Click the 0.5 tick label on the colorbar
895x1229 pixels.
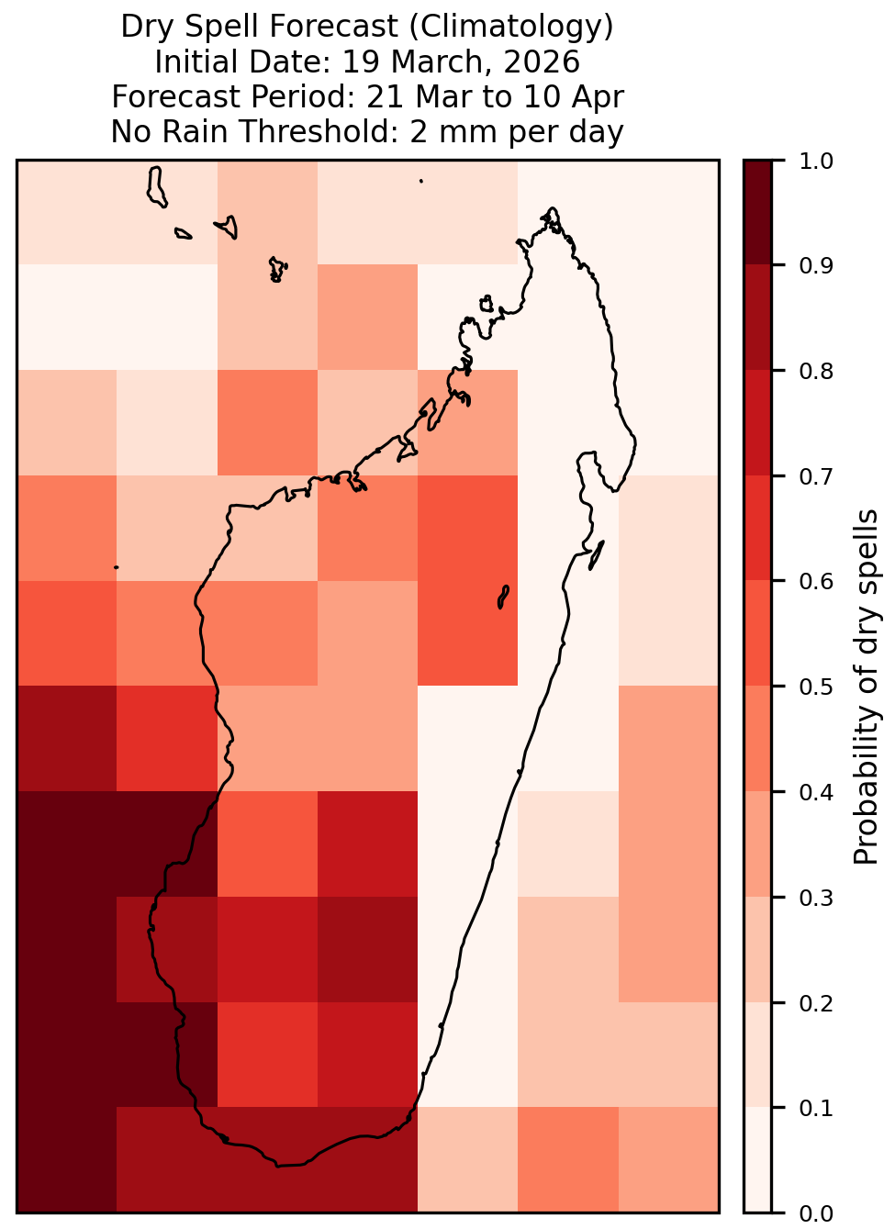[816, 687]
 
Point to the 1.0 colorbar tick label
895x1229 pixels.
[816, 162]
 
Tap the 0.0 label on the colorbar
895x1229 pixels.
[816, 1213]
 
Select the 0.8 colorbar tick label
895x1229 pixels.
[816, 372]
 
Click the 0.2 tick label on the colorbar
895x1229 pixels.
[816, 1003]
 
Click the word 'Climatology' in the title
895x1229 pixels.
[511, 27]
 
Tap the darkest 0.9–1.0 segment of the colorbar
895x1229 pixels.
[758, 213]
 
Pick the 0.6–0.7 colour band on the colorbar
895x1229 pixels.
[758, 529]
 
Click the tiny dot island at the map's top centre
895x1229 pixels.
[421, 181]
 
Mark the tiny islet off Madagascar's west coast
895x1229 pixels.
[116, 567]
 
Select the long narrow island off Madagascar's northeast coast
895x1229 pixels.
[596, 555]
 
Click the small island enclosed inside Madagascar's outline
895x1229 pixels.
[503, 597]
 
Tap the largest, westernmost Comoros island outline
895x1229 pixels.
[157, 187]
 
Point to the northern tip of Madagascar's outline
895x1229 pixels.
[553, 208]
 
